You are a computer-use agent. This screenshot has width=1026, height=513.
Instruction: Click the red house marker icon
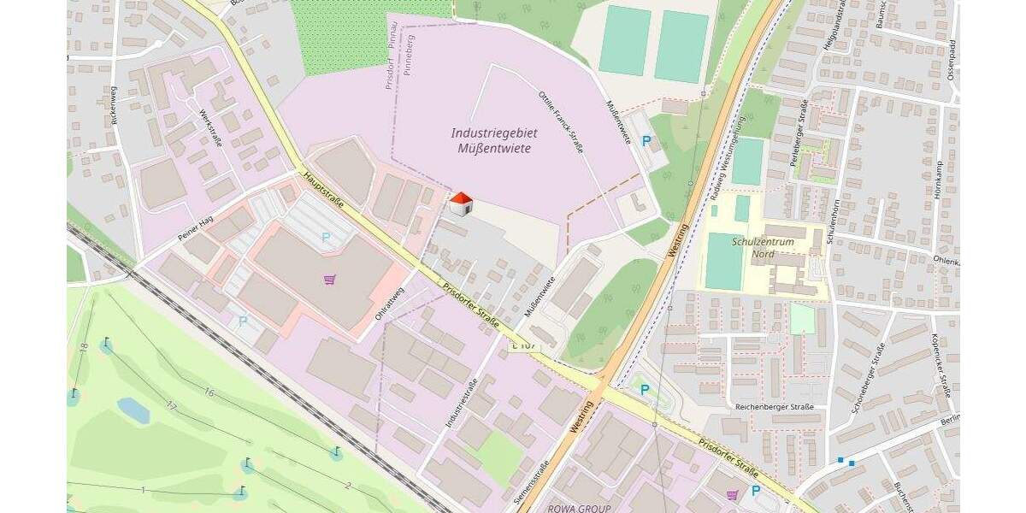coord(461,204)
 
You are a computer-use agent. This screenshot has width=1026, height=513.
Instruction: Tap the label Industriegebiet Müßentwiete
coord(491,141)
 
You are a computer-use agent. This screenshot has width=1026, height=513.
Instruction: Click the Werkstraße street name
coord(209,127)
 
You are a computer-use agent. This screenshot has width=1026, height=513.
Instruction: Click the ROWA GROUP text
coord(580,508)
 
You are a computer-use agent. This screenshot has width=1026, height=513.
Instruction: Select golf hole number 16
coord(208,392)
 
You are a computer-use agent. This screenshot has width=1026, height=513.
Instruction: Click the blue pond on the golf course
coord(133,410)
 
